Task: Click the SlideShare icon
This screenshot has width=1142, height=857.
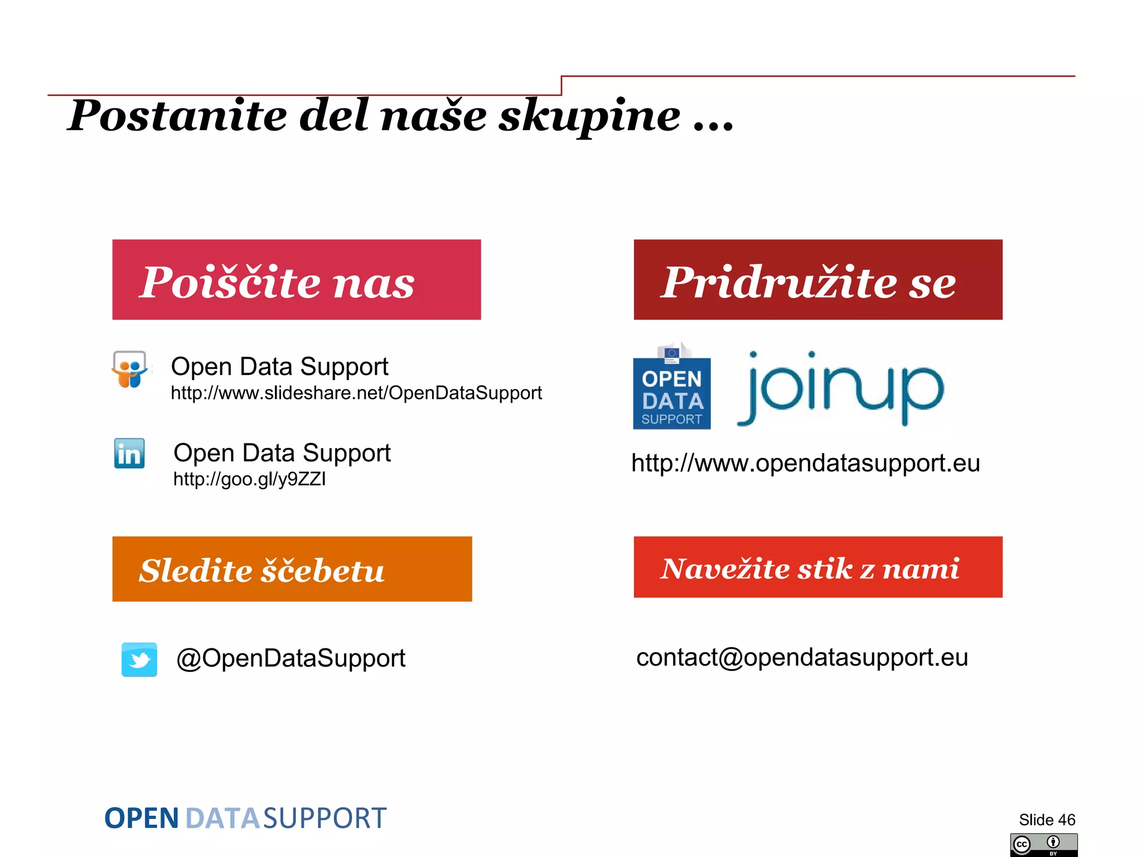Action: (x=130, y=369)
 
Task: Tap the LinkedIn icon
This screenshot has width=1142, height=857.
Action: (x=129, y=453)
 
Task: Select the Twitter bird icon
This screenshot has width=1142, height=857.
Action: (x=139, y=659)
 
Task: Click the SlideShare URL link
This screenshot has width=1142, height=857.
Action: (x=356, y=393)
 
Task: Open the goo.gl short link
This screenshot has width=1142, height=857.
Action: (x=249, y=479)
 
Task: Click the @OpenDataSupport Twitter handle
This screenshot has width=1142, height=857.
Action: (x=291, y=658)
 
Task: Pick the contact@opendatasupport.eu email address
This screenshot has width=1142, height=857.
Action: (x=802, y=657)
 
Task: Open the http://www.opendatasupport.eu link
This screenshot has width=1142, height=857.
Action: (x=805, y=463)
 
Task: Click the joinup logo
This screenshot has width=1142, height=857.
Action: (x=840, y=387)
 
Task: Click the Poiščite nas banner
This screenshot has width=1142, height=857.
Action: (x=296, y=280)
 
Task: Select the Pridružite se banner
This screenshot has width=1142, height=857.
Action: (x=817, y=280)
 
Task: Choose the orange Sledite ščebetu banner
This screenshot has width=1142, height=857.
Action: (x=292, y=569)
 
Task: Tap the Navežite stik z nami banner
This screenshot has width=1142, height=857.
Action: (x=817, y=567)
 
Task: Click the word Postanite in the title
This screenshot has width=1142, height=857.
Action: (x=177, y=115)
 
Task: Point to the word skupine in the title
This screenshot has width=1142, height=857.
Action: (x=589, y=115)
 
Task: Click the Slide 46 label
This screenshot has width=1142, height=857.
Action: (x=1047, y=820)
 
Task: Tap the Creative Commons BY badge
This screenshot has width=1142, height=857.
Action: (x=1043, y=845)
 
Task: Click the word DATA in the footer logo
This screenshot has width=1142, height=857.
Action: (x=222, y=819)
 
